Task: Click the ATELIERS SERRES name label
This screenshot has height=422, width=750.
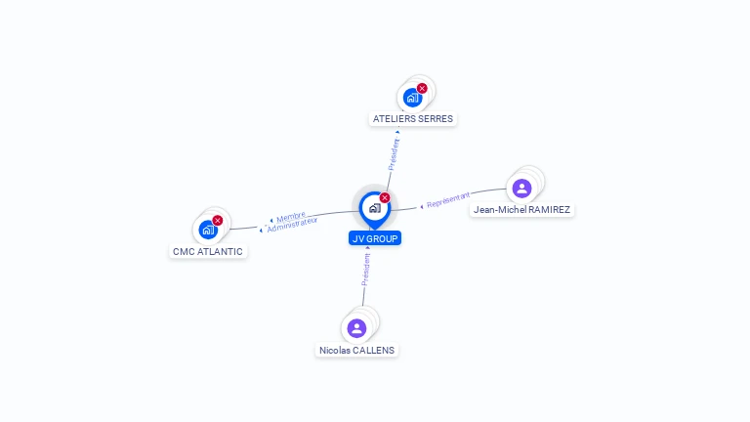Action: (413, 118)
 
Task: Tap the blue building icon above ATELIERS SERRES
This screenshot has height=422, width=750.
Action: (412, 97)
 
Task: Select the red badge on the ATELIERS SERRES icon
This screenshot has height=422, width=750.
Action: (422, 88)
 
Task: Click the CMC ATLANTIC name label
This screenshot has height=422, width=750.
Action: (208, 251)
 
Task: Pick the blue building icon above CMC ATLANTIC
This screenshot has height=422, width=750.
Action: (207, 230)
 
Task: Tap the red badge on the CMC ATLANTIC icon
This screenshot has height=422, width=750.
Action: (217, 221)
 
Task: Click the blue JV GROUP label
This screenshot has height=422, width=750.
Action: (374, 237)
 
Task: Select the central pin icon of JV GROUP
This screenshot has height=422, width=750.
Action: (374, 208)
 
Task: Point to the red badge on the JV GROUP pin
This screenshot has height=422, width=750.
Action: (385, 198)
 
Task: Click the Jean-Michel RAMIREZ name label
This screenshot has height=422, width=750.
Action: (521, 209)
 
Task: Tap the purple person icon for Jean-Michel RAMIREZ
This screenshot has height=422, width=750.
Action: (521, 189)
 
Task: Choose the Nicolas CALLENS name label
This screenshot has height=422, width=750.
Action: (358, 350)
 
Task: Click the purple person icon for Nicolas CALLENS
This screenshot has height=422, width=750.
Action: (356, 328)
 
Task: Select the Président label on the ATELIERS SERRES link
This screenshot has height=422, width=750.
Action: (395, 154)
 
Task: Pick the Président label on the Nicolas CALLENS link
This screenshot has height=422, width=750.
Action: (365, 269)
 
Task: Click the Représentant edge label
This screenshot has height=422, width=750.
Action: (449, 200)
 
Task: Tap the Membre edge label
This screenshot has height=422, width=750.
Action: (290, 217)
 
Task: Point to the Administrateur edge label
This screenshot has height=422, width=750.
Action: (292, 225)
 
